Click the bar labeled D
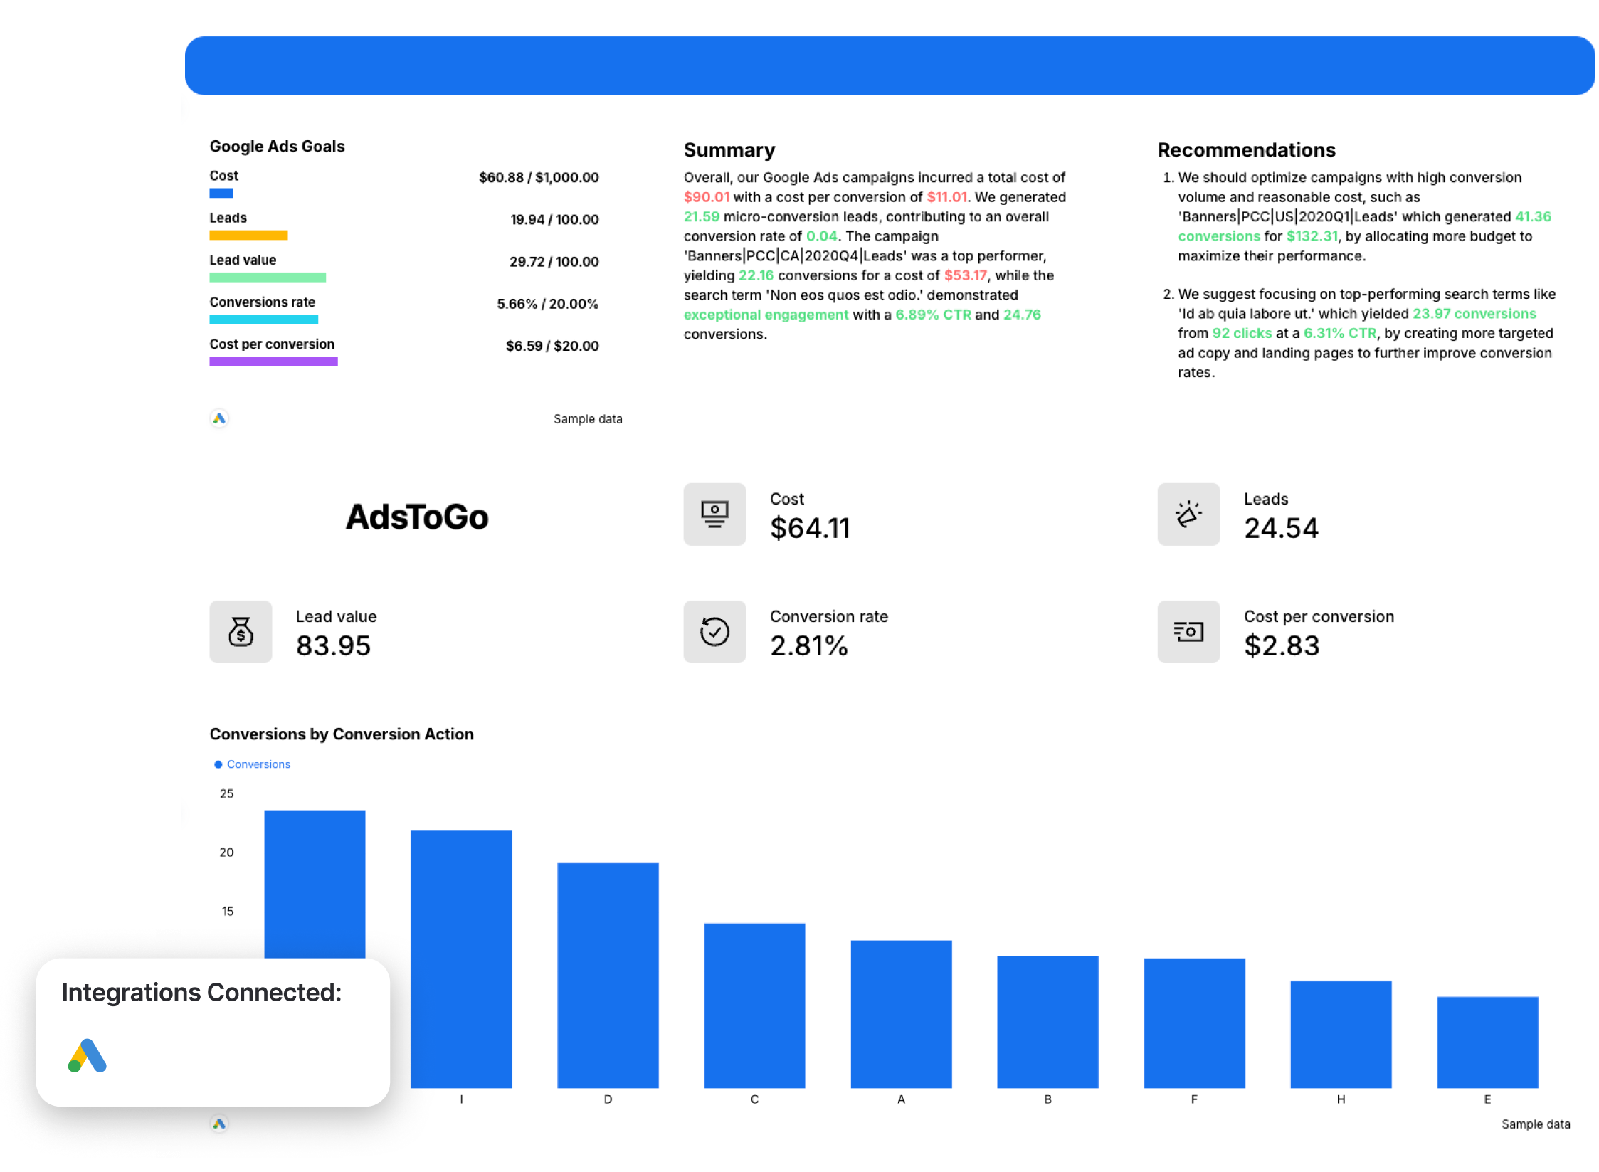[608, 975]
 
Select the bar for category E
[1487, 1042]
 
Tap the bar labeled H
[1340, 1034]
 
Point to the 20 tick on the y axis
[226, 852]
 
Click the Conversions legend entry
[258, 764]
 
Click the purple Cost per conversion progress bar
[273, 361]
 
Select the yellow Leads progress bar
[248, 236]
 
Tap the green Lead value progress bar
[268, 278]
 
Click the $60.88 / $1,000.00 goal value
[538, 177]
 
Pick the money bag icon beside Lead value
[241, 632]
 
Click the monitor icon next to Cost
[714, 514]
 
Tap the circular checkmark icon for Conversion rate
[714, 632]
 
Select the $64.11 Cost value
[810, 528]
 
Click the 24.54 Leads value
[1281, 528]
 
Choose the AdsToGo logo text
[417, 517]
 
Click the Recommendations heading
[1246, 150]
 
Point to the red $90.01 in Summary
[706, 197]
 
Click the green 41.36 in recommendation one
[1533, 217]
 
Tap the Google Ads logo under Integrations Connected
[88, 1055]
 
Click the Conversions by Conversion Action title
[342, 734]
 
